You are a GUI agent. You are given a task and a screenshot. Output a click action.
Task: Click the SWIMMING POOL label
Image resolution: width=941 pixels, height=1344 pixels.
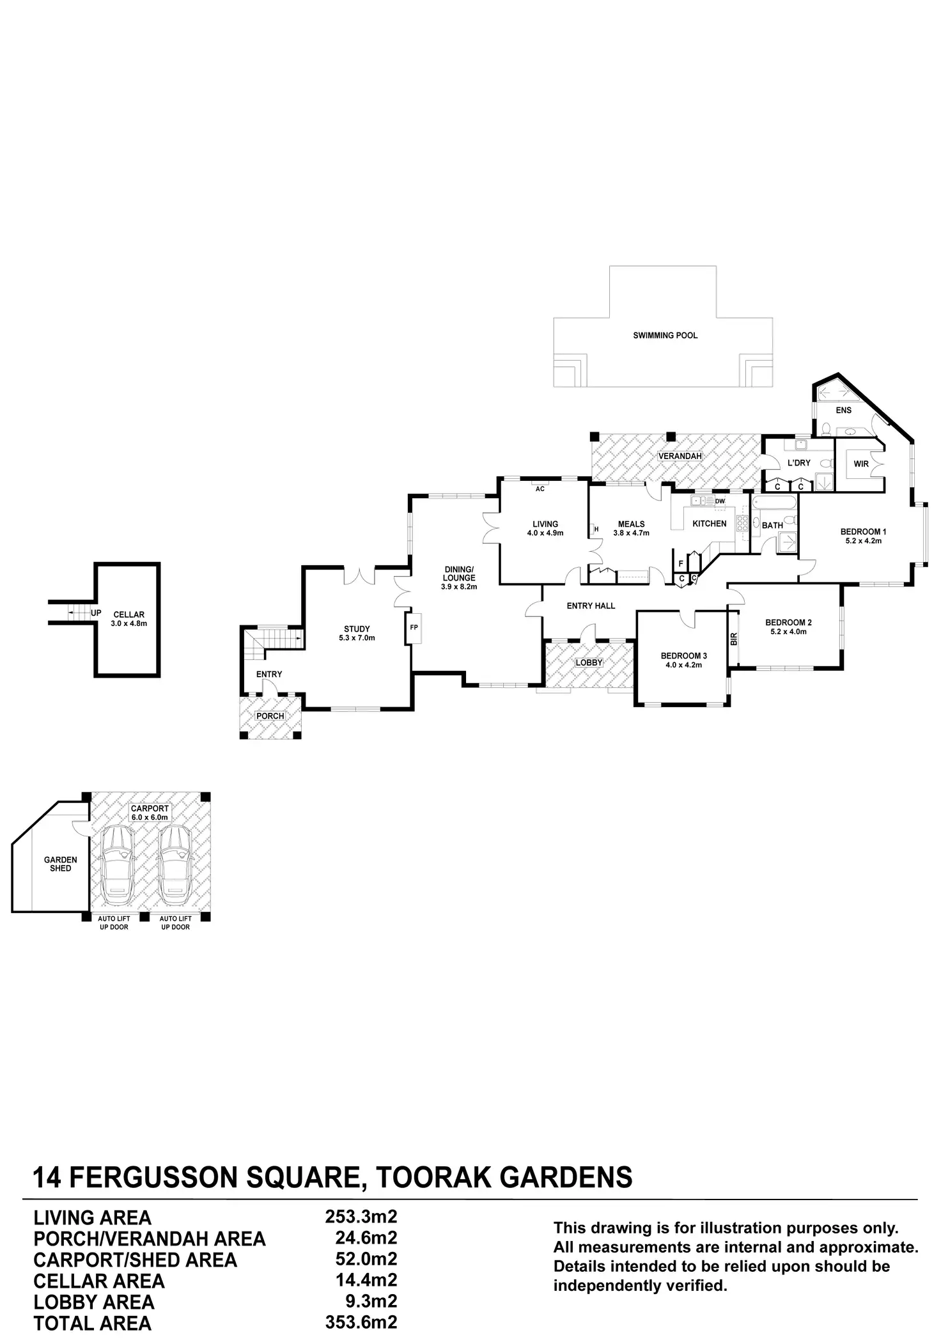[665, 335]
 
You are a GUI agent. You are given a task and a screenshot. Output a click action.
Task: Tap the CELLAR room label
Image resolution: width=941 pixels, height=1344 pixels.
[128, 618]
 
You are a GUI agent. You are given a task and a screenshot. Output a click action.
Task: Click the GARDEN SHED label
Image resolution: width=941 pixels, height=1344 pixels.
[61, 864]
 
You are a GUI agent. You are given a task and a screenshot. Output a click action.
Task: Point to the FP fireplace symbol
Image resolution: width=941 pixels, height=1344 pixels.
[414, 627]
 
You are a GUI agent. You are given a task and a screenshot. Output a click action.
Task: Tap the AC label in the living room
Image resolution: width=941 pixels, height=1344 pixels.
[540, 488]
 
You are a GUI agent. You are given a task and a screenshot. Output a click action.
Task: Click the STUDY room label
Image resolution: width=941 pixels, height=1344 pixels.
[357, 633]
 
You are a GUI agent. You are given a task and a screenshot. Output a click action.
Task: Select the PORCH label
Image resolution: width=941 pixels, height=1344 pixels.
[270, 715]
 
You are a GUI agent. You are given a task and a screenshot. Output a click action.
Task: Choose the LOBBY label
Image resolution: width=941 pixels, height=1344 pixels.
[589, 662]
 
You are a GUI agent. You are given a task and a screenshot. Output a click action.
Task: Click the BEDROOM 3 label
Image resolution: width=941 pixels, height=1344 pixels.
[683, 660]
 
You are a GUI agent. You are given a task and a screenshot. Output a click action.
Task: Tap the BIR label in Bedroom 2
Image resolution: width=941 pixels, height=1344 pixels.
[734, 638]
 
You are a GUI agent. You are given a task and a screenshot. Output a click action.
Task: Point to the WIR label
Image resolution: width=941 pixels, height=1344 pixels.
[861, 464]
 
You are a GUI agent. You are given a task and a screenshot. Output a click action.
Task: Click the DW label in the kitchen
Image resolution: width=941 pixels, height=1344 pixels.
[720, 501]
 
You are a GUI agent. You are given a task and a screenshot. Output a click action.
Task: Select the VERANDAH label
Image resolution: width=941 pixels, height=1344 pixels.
[680, 456]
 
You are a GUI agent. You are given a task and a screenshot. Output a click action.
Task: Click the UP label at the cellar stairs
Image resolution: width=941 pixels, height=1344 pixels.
[96, 613]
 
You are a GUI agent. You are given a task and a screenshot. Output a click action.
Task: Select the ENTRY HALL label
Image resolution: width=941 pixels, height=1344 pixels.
[591, 606]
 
